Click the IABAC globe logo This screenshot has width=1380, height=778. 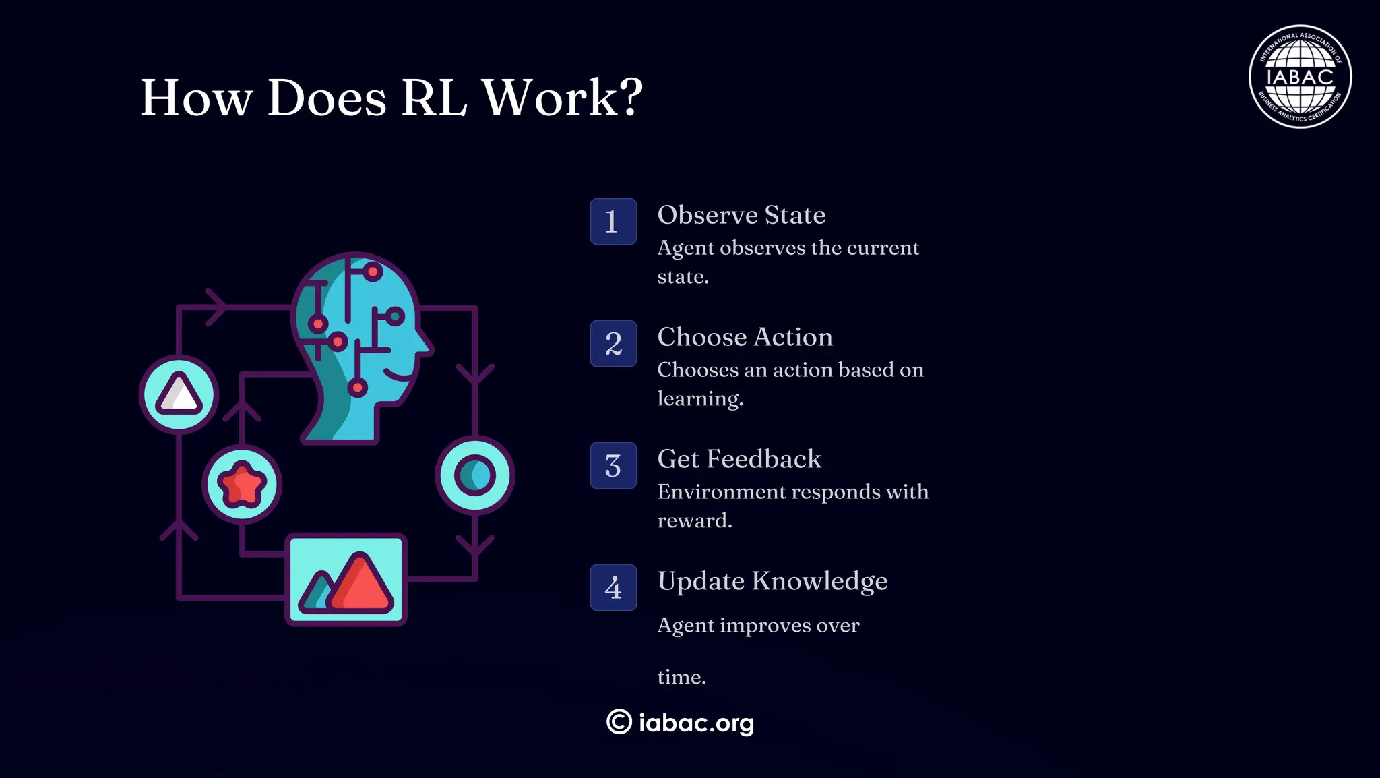(1300, 77)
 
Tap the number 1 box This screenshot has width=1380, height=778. (613, 222)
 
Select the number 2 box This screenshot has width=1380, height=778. (613, 344)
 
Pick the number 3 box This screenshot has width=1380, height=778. (613, 466)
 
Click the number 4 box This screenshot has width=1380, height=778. (613, 588)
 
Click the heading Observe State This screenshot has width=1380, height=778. (741, 215)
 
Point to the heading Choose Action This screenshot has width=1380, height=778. (745, 337)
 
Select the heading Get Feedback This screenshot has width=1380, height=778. (739, 459)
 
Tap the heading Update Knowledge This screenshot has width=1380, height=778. (772, 581)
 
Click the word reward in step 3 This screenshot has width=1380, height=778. (693, 521)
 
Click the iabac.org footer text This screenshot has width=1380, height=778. (696, 723)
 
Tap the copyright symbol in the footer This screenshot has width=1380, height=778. (619, 722)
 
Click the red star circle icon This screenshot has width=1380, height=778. (242, 484)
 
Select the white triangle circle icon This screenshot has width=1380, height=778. (179, 394)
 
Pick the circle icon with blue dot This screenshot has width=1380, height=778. (475, 475)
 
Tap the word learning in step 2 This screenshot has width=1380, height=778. (699, 399)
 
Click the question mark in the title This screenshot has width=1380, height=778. (629, 98)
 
